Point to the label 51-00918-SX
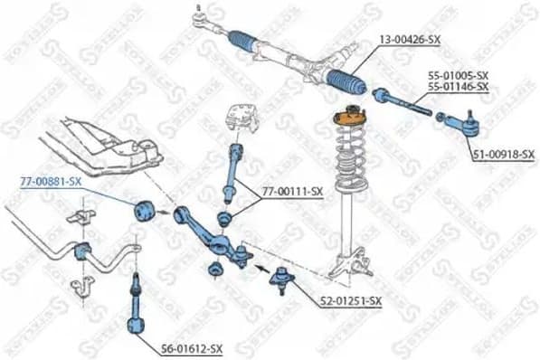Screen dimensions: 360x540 (504, 155)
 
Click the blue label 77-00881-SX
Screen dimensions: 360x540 (51, 181)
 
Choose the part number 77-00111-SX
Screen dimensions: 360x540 (292, 191)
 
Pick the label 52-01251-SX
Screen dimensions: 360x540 (351, 300)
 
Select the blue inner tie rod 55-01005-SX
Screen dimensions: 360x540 (402, 99)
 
